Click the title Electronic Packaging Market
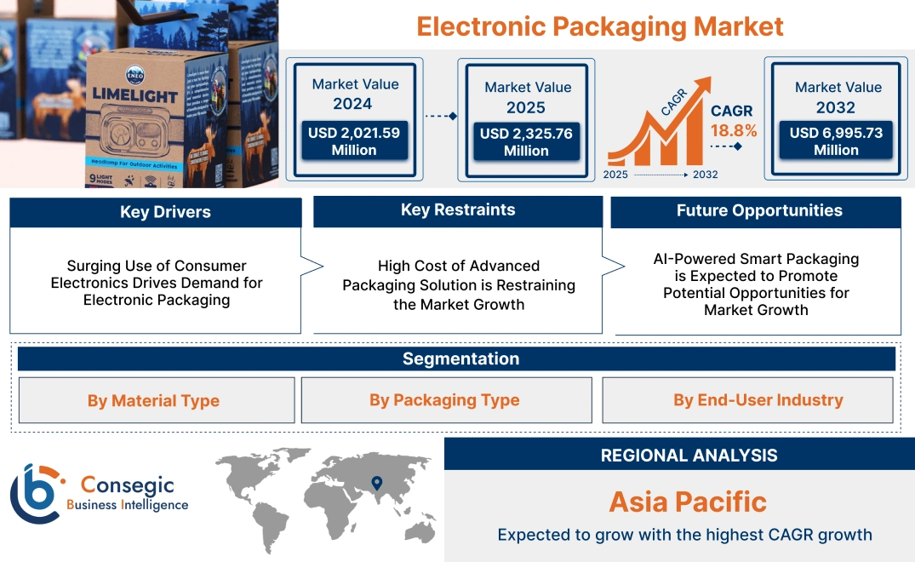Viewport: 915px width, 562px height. pos(599,26)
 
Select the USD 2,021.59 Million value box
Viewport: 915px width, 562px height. pos(353,141)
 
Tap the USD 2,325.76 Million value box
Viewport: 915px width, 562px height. pos(526,141)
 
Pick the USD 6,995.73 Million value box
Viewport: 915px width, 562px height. pos(836,140)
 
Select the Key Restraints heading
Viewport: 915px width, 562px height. pos(458,210)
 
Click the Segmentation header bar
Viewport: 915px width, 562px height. pos(460,358)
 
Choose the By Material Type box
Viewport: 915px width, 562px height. pos(153,400)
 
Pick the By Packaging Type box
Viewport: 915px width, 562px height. pos(444,400)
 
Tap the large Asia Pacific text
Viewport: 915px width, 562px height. pos(688,502)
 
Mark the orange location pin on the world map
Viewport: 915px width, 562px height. pos(375,485)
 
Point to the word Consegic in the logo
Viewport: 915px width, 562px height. pos(127,485)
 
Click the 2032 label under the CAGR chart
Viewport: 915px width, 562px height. pos(705,175)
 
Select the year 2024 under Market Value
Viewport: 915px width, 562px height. pos(353,104)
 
